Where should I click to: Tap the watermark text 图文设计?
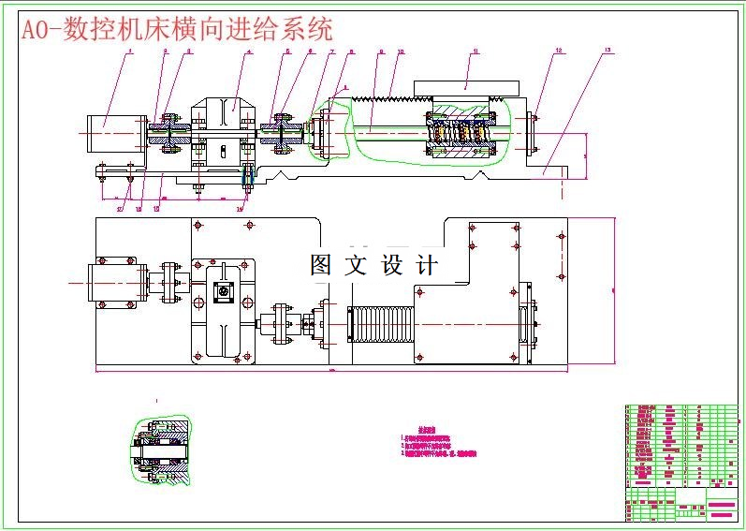(x=373, y=265)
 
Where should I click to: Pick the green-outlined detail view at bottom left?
(x=162, y=451)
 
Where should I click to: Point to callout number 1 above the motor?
(x=130, y=52)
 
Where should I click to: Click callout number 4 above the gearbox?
(x=249, y=52)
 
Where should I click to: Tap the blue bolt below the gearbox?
(x=248, y=175)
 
